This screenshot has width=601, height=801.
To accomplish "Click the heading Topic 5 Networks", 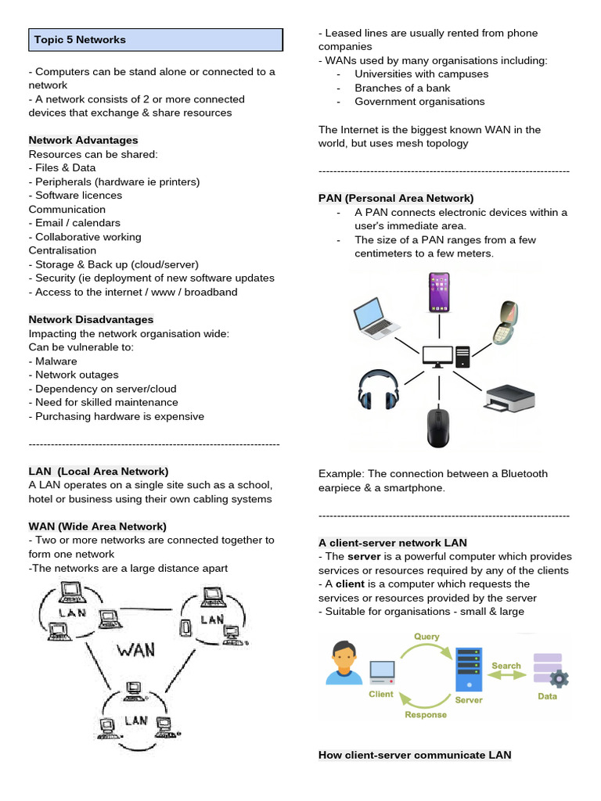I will click(80, 40).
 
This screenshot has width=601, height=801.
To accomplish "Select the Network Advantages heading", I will click(83, 140).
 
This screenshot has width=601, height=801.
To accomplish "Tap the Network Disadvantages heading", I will click(91, 319).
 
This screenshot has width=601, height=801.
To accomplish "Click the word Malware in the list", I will click(56, 361).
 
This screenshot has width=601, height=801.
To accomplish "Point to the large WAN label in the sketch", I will click(135, 648).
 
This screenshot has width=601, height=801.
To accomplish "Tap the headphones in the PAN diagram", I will click(376, 390).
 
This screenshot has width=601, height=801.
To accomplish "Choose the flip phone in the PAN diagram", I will click(506, 322).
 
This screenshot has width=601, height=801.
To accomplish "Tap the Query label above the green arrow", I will click(426, 637).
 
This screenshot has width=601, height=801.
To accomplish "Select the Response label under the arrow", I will click(426, 714).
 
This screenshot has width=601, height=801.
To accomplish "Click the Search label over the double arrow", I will click(506, 666).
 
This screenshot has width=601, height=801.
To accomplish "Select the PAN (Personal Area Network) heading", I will click(396, 199).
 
